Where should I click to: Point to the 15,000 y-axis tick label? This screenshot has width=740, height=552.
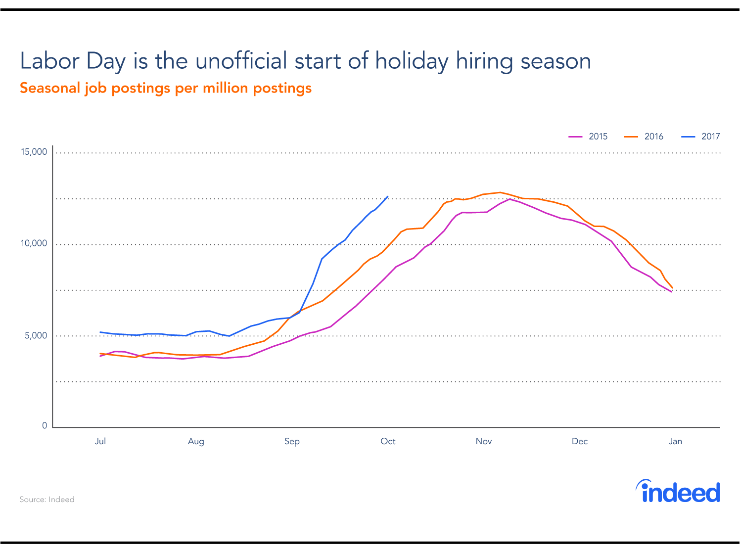click(34, 152)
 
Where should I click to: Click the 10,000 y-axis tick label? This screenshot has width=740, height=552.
click(34, 243)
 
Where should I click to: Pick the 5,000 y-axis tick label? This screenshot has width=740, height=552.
click(36, 335)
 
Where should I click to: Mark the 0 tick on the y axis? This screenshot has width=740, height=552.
click(45, 425)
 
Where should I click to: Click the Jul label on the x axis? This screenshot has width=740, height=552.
click(100, 441)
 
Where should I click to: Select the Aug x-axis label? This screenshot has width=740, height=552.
click(196, 441)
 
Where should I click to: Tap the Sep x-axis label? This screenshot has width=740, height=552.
click(292, 441)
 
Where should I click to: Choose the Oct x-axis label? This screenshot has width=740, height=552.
click(388, 441)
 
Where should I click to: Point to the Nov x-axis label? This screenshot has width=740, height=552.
click(484, 441)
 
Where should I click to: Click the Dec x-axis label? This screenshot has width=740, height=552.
click(579, 441)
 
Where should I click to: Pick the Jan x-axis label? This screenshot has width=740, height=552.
click(675, 441)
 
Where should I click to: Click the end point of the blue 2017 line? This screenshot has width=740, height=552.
click(387, 196)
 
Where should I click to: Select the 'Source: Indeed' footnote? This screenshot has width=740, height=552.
click(47, 500)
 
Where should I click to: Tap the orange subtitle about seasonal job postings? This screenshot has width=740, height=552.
click(166, 88)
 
